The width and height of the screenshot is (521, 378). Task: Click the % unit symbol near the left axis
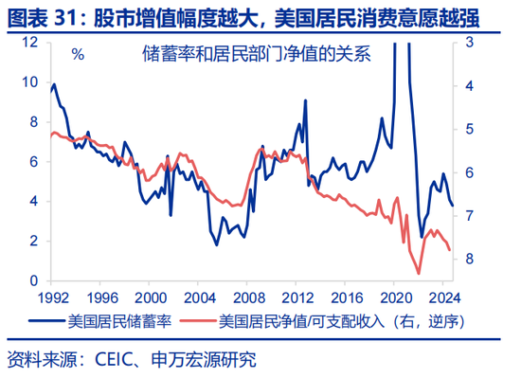coord(78,54)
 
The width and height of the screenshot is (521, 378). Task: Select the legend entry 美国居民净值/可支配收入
coord(312,320)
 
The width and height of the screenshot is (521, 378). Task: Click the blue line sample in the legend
coord(44,320)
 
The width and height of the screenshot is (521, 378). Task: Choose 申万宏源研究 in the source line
coord(208,360)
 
